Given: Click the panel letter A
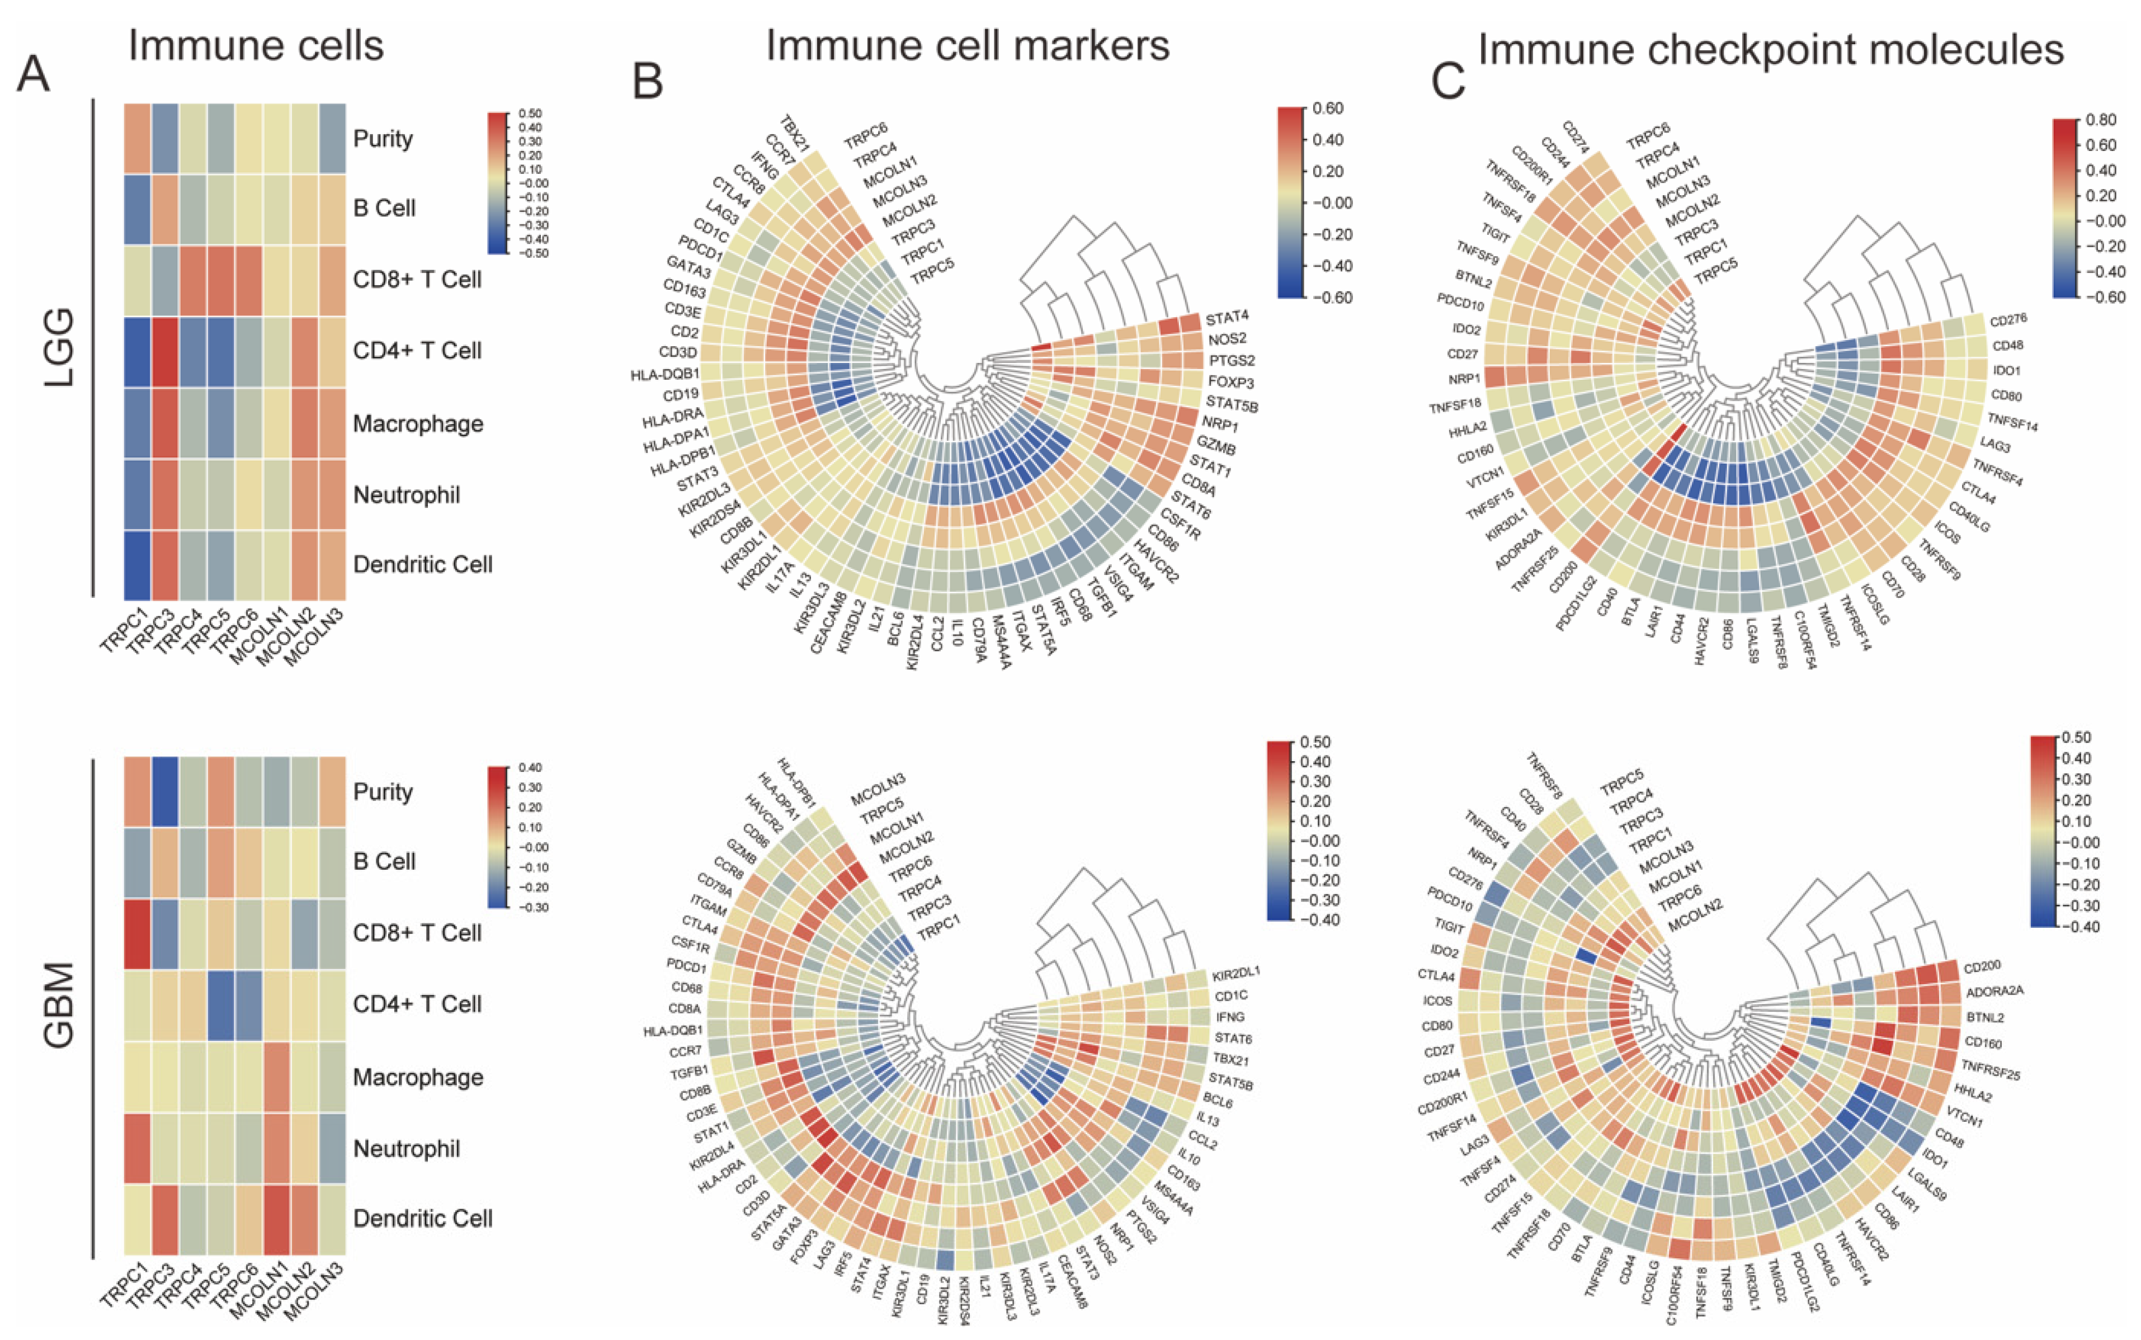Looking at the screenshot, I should pos(34,74).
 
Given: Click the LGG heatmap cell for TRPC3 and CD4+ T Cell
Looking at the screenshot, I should pos(165,352).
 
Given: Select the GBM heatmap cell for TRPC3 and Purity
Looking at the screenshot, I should pos(165,791).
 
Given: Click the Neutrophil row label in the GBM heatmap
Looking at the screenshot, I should pos(406,1149).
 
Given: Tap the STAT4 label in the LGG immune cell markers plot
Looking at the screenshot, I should pos(1227,317).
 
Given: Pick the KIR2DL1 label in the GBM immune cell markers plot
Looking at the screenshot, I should pos(1236,972).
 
